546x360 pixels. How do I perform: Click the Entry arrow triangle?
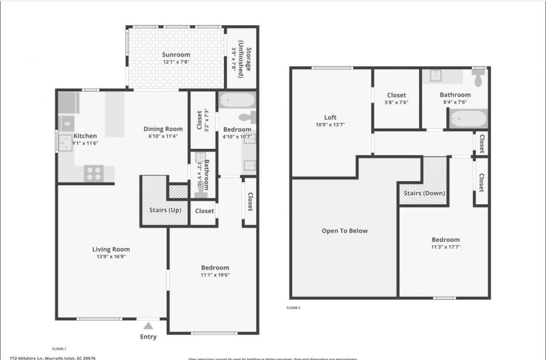148,326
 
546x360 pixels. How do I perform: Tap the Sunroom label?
176,55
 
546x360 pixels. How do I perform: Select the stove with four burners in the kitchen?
94,173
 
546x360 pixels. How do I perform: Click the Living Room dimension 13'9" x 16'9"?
111,257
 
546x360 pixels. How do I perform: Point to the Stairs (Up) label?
165,210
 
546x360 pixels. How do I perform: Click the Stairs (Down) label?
424,193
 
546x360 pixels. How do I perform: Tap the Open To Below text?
344,231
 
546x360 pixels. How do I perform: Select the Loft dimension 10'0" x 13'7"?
330,125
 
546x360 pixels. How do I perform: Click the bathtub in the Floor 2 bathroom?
468,118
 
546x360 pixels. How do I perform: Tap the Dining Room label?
163,129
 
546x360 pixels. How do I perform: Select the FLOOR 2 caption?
293,308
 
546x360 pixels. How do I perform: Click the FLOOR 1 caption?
59,349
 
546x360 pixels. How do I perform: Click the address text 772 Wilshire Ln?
52,358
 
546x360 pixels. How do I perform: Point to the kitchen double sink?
66,143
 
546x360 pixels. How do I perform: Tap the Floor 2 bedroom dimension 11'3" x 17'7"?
445,247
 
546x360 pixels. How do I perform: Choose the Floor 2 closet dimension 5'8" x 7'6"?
396,102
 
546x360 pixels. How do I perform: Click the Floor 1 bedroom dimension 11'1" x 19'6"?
215,275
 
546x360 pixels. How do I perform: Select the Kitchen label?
85,136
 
